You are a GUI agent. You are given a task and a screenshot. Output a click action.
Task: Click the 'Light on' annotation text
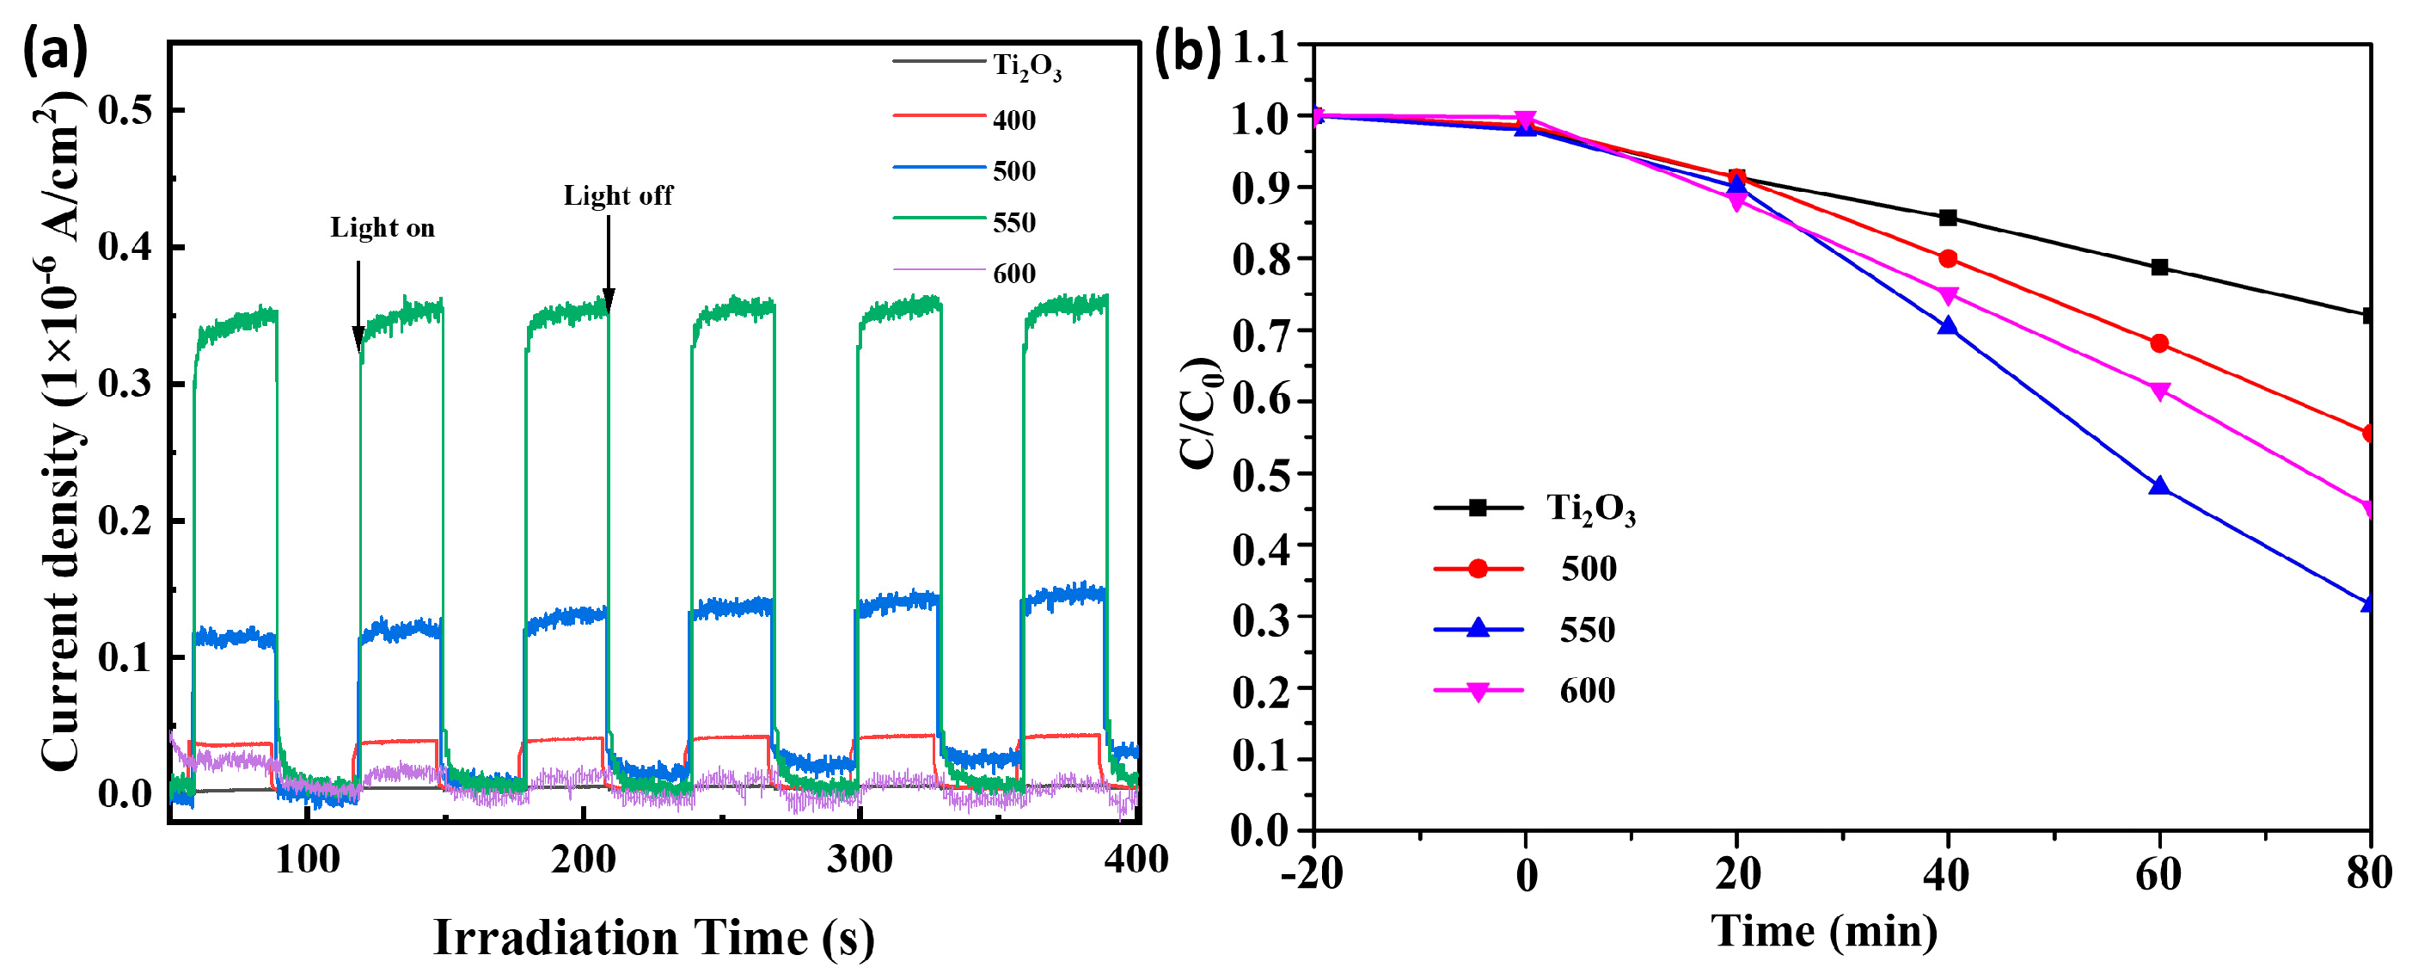(382, 228)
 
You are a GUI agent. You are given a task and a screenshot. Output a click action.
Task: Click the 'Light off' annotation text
(618, 196)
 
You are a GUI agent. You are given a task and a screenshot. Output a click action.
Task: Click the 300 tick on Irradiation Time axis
(860, 860)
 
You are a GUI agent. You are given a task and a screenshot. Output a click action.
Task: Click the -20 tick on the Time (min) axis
(1313, 874)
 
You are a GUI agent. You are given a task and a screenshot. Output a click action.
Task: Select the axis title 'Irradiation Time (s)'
(653, 937)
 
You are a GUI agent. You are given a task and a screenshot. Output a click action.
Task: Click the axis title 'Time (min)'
(1824, 931)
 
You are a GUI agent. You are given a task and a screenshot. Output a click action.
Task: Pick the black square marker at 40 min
(1949, 219)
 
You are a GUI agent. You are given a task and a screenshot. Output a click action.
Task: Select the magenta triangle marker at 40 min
(1949, 296)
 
